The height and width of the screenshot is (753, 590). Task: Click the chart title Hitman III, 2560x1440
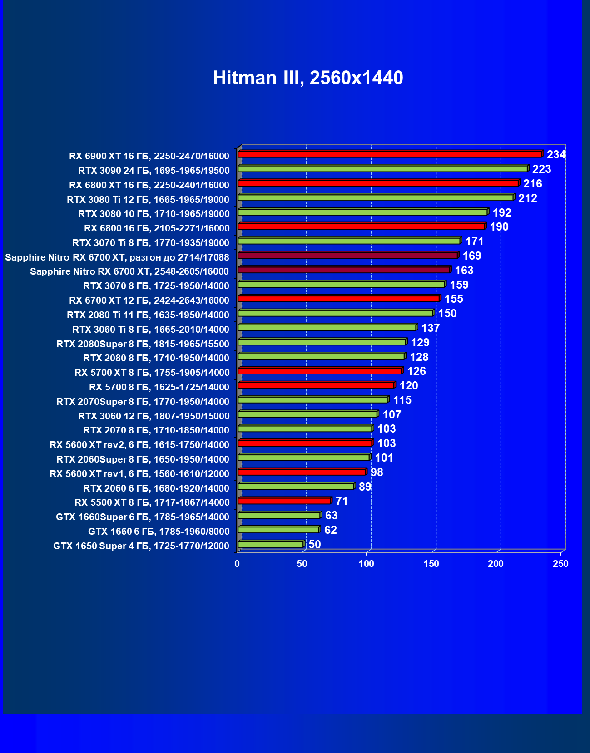[308, 78]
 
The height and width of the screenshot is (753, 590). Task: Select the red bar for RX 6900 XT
[390, 154]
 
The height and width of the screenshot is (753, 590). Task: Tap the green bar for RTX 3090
[382, 169]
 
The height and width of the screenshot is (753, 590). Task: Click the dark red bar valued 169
[347, 256]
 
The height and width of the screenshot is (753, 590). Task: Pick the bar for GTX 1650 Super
[271, 544]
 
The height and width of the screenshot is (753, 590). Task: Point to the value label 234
[556, 155]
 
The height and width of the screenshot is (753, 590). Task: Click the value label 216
[532, 184]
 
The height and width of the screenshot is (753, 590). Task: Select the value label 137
[430, 328]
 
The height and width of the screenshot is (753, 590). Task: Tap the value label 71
[342, 501]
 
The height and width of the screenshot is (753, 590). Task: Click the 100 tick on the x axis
[367, 564]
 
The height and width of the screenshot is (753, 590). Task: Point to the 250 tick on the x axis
[560, 564]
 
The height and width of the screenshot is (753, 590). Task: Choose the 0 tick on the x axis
[237, 564]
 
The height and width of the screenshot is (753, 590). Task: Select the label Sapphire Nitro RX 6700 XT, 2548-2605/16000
[129, 271]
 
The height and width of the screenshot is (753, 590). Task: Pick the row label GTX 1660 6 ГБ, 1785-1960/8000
[159, 532]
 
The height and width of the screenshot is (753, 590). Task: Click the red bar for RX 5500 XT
[284, 501]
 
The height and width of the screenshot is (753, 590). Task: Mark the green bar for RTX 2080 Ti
[336, 313]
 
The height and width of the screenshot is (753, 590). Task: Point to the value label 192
[502, 213]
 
